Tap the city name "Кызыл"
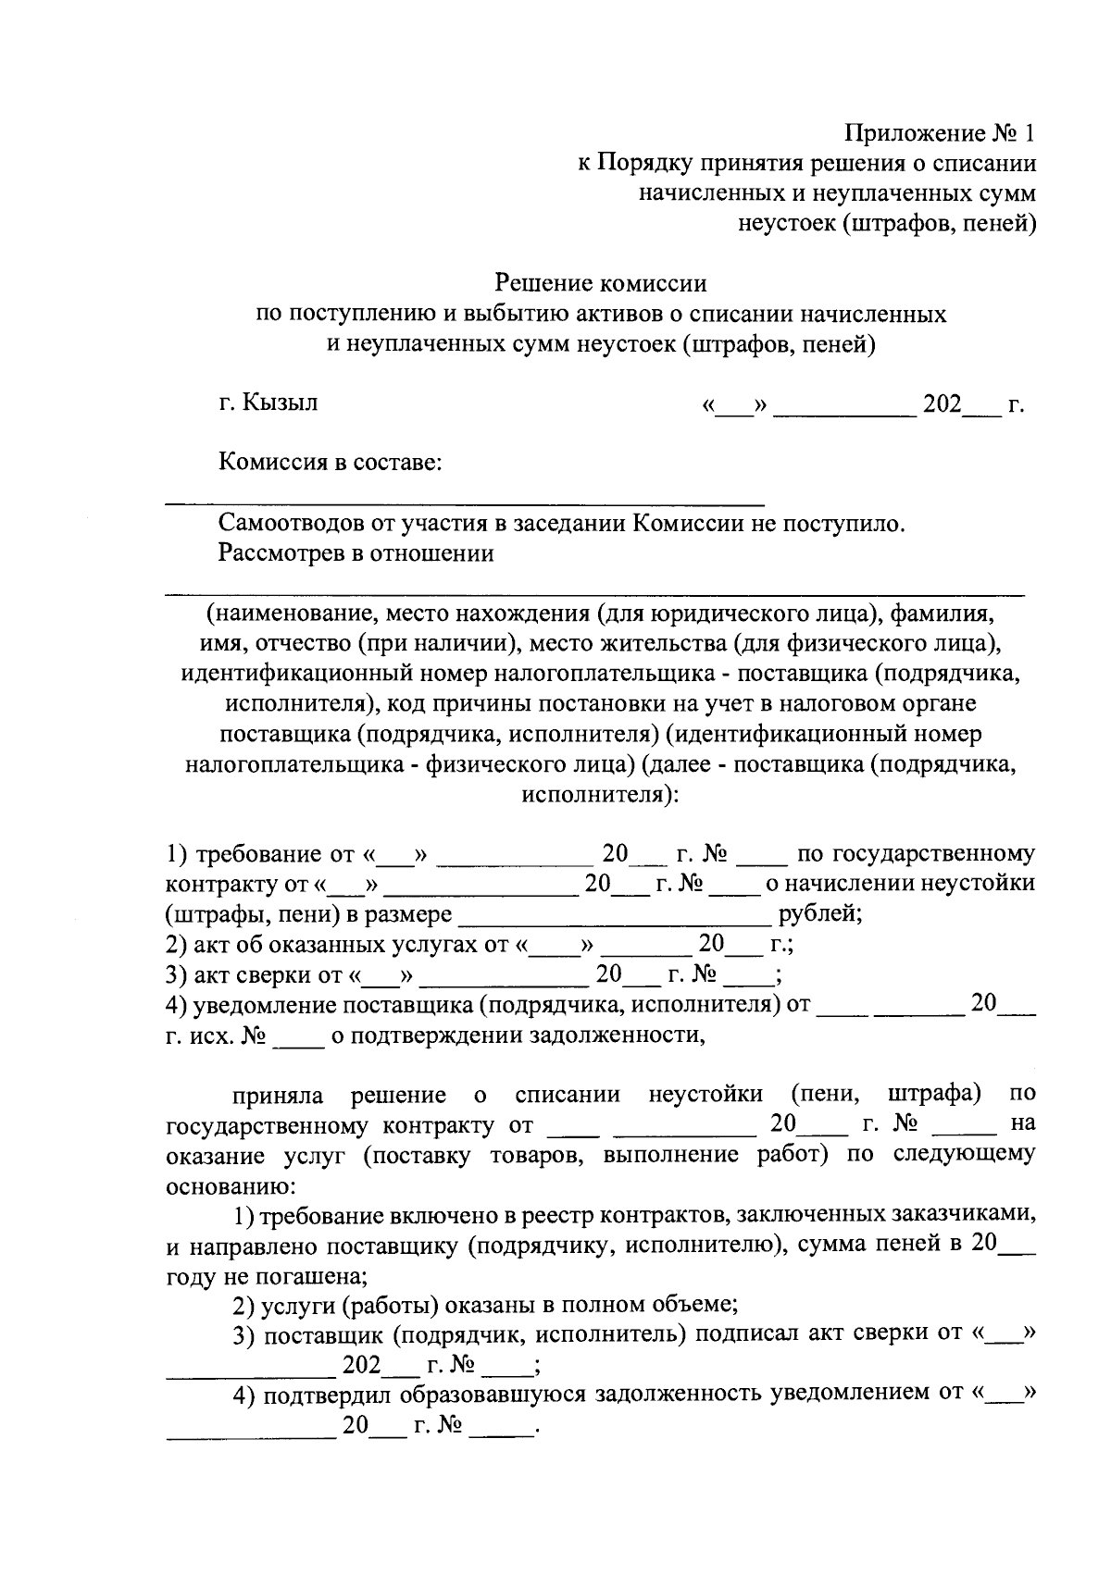pyautogui.click(x=280, y=403)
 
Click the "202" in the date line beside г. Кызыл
pyautogui.click(x=941, y=404)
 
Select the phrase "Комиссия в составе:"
pyautogui.click(x=330, y=462)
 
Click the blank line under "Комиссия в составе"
pyautogui.click(x=463, y=502)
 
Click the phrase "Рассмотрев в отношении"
pyautogui.click(x=356, y=553)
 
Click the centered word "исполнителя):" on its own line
pyautogui.click(x=600, y=794)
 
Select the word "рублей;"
pyautogui.click(x=820, y=914)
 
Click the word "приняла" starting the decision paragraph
pyautogui.click(x=278, y=1096)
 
